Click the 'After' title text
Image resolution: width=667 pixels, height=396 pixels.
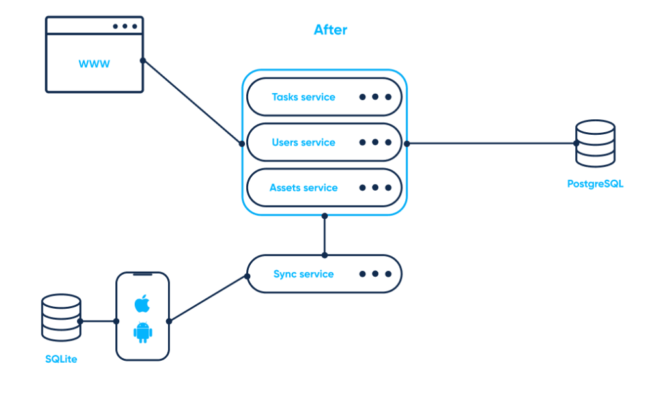331,30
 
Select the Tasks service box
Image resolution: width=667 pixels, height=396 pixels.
324,97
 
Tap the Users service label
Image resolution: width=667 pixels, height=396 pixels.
303,143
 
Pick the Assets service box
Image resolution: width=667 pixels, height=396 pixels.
324,188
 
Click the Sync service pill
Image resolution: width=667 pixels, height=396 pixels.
324,274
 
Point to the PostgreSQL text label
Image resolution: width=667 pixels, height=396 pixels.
595,184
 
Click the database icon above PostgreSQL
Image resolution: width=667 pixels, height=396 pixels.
595,143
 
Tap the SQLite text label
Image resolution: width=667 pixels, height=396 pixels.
61,359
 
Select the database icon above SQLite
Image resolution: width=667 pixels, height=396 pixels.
61,318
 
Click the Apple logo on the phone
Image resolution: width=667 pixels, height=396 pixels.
142,304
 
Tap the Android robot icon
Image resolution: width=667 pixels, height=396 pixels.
143,332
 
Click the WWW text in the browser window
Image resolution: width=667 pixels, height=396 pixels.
94,64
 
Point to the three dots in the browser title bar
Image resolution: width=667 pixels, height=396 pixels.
124,27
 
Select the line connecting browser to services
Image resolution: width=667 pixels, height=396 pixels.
192,102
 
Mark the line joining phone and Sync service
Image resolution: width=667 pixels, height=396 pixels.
208,298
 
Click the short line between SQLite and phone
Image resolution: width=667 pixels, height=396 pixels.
98,321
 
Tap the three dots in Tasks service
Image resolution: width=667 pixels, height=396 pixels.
375,97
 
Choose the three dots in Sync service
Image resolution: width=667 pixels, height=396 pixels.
375,274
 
